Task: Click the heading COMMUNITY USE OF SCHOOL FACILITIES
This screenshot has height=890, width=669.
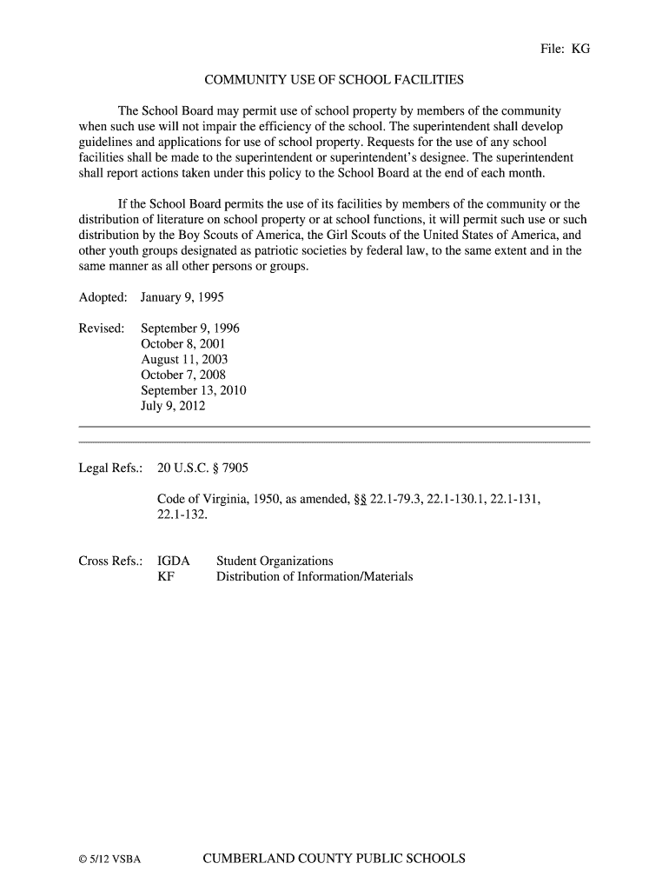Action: [x=334, y=81]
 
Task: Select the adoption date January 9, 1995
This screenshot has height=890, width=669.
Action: [x=176, y=297]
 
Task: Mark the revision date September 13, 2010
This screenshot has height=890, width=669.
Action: [x=194, y=391]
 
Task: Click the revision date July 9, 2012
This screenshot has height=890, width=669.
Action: [x=173, y=406]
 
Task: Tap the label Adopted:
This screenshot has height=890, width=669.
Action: [x=103, y=297]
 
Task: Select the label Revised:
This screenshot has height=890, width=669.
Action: [x=102, y=329]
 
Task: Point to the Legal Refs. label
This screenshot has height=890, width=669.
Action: [x=110, y=468]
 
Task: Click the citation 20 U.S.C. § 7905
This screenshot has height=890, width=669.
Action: [x=202, y=468]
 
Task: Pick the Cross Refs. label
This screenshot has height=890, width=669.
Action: [x=110, y=561]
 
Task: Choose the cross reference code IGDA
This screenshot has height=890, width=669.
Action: [x=173, y=561]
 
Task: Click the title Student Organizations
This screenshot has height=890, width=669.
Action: [x=275, y=561]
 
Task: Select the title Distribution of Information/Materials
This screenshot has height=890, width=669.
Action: [x=315, y=576]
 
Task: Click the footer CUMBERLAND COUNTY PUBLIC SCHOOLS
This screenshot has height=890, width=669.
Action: [x=334, y=860]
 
